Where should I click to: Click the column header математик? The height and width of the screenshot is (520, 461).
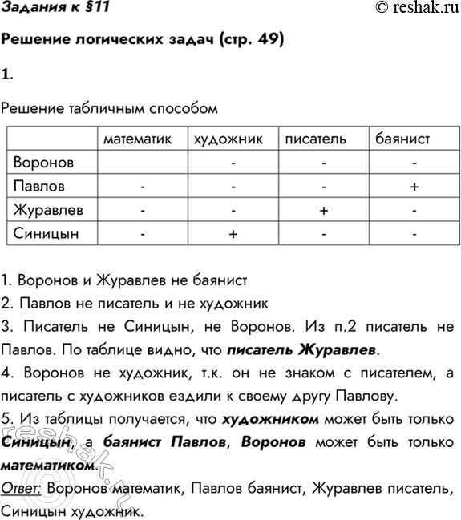(138, 139)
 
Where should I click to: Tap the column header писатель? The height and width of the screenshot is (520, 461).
(315, 139)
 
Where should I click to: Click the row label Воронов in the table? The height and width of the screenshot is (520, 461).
(45, 163)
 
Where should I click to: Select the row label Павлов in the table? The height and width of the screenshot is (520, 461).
(39, 187)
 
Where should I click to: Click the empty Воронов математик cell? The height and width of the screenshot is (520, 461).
(141, 163)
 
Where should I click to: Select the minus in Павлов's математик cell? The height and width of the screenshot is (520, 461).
(141, 187)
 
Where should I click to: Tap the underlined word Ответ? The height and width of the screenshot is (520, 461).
(22, 487)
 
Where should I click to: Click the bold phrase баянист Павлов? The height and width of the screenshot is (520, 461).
(147, 441)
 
